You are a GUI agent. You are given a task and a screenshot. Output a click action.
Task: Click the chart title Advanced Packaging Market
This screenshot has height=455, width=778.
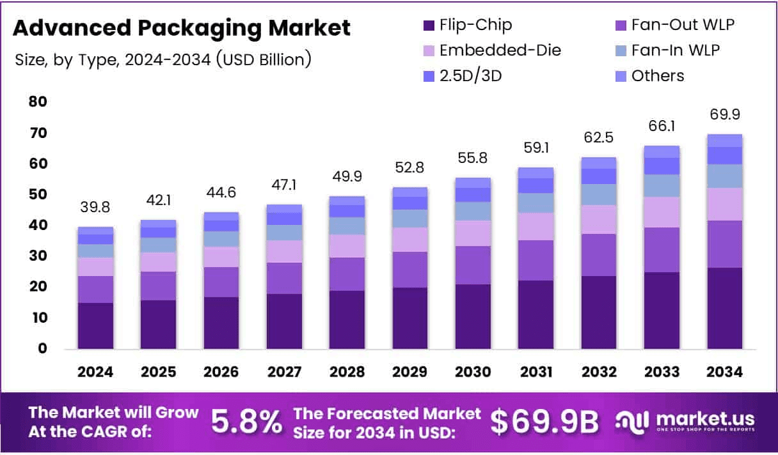[182, 28]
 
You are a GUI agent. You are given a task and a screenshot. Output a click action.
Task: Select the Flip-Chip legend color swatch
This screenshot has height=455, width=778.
[428, 26]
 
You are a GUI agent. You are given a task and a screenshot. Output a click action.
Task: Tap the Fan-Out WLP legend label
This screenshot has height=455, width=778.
[683, 26]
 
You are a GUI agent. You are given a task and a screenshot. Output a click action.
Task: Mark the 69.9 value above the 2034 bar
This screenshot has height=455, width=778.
[724, 115]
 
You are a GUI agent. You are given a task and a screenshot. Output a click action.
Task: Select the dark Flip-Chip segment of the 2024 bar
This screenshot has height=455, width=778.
[95, 326]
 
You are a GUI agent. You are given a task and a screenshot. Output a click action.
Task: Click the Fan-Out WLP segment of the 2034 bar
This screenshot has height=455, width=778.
[724, 244]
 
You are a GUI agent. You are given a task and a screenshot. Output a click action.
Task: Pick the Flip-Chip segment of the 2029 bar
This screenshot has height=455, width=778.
[410, 318]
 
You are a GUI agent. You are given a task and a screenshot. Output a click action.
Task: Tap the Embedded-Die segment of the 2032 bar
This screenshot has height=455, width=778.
[598, 219]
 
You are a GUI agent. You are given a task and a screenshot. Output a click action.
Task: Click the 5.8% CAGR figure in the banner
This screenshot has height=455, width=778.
[246, 422]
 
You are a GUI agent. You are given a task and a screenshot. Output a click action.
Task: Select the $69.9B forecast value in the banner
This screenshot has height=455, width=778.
[544, 422]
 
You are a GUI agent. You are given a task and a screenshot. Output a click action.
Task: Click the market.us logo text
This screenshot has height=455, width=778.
[702, 419]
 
